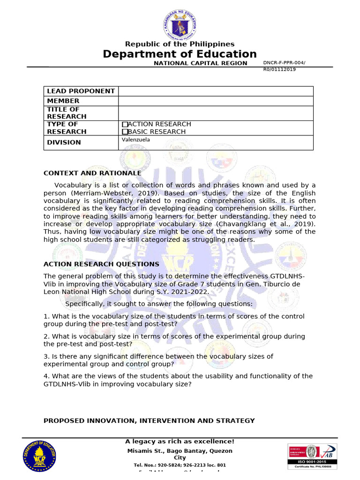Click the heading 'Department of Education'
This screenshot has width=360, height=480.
click(x=180, y=54)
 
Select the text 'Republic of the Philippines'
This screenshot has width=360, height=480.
click(x=180, y=44)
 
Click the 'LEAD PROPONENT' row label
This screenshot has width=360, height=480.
click(x=81, y=91)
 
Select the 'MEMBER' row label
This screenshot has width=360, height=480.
click(x=63, y=101)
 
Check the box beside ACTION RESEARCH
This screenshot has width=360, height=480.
click(x=125, y=124)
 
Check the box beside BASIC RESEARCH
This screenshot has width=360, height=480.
click(x=125, y=132)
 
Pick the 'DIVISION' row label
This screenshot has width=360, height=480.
click(x=64, y=142)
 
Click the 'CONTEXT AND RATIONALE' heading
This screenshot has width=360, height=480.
click(x=92, y=173)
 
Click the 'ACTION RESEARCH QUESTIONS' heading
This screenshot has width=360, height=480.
click(x=101, y=264)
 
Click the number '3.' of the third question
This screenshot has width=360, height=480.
click(x=46, y=356)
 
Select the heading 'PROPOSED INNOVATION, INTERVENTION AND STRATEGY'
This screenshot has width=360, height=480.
click(x=149, y=420)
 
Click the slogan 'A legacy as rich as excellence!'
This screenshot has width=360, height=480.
click(x=180, y=442)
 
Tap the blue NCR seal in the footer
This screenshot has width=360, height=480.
click(x=39, y=456)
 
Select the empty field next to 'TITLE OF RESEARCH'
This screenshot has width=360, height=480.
click(x=216, y=113)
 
